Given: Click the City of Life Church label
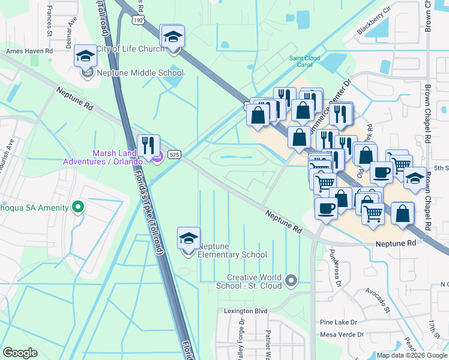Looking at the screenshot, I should coord(130,49).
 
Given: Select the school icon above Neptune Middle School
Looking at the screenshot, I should coord(86,56).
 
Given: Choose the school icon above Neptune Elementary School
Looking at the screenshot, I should coord(189,238).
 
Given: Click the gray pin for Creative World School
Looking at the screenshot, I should coord(291,280).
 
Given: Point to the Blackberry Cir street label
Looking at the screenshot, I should coord(373,20).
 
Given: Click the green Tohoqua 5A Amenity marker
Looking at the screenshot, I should coord(77,208).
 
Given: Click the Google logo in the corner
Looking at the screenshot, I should coord(20,353).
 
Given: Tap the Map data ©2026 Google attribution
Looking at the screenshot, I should coord(412,355).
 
